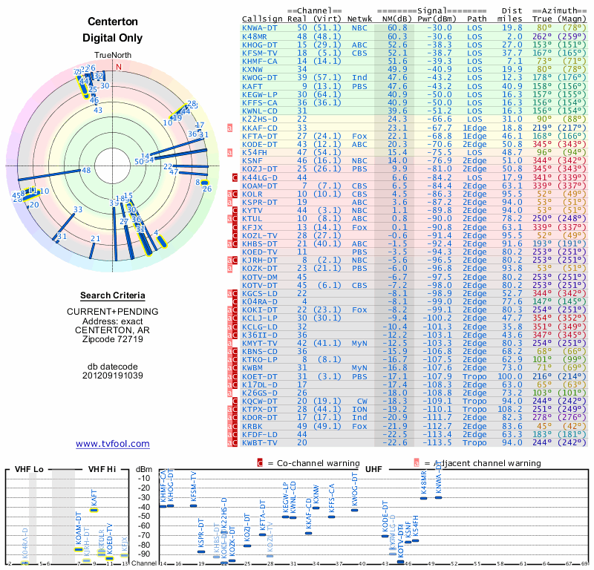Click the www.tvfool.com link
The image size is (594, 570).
click(113, 444)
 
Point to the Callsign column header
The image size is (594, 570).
click(263, 18)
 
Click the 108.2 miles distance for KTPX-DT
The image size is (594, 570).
click(512, 409)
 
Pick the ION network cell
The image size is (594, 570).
click(359, 409)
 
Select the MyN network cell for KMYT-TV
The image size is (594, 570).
click(359, 344)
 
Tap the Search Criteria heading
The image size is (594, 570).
click(113, 295)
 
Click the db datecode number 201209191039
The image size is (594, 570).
click(113, 375)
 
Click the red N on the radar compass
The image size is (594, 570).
click(117, 66)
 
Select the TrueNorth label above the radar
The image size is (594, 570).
click(113, 56)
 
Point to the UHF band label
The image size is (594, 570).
click(373, 470)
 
